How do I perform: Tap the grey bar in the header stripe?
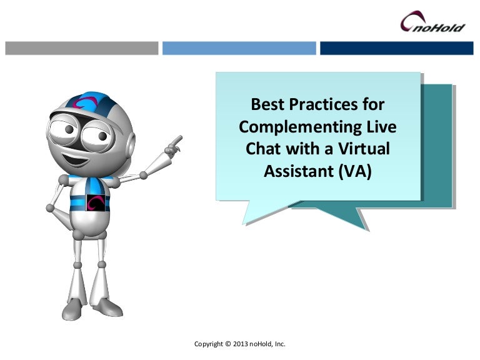coord(82,48)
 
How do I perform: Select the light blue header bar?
coord(239,48)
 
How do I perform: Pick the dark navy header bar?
coord(396,48)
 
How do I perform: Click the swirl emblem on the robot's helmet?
coord(83,104)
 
